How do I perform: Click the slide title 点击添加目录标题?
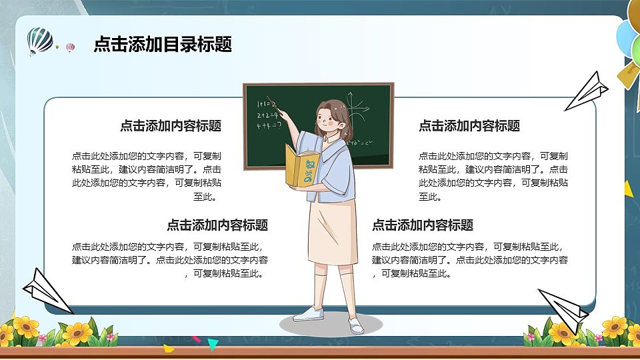click(163, 45)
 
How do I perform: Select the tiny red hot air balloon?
click(71, 47)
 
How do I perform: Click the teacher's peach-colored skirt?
click(331, 230)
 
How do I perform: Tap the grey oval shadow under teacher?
click(331, 325)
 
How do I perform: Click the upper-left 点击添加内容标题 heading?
click(171, 126)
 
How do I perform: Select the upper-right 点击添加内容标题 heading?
click(469, 126)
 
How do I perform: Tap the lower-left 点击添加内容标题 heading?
click(217, 225)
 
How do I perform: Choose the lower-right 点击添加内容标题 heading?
click(423, 225)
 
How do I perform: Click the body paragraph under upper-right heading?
click(493, 176)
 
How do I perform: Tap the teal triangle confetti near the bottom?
click(213, 344)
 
